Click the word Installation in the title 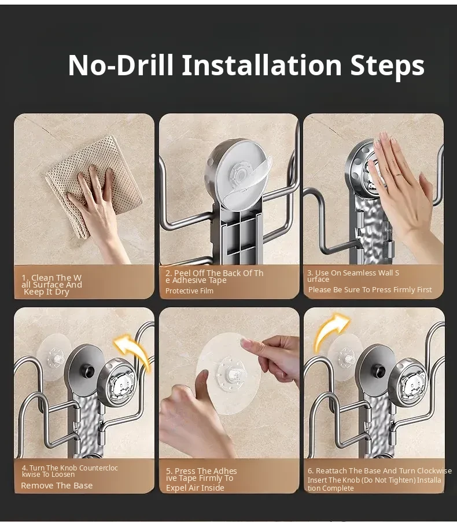pyautogui.click(x=261, y=65)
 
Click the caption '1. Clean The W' pyautogui.click(x=51, y=278)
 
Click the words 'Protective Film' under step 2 pyautogui.click(x=189, y=291)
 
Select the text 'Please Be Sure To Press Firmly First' pyautogui.click(x=370, y=289)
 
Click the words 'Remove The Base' pyautogui.click(x=57, y=486)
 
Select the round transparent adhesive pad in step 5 pyautogui.click(x=228, y=373)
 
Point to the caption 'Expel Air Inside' pyautogui.click(x=195, y=488)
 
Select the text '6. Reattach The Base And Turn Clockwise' pyautogui.click(x=379, y=470)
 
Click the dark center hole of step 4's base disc pyautogui.click(x=87, y=372)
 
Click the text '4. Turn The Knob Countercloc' pyautogui.click(x=70, y=468)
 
